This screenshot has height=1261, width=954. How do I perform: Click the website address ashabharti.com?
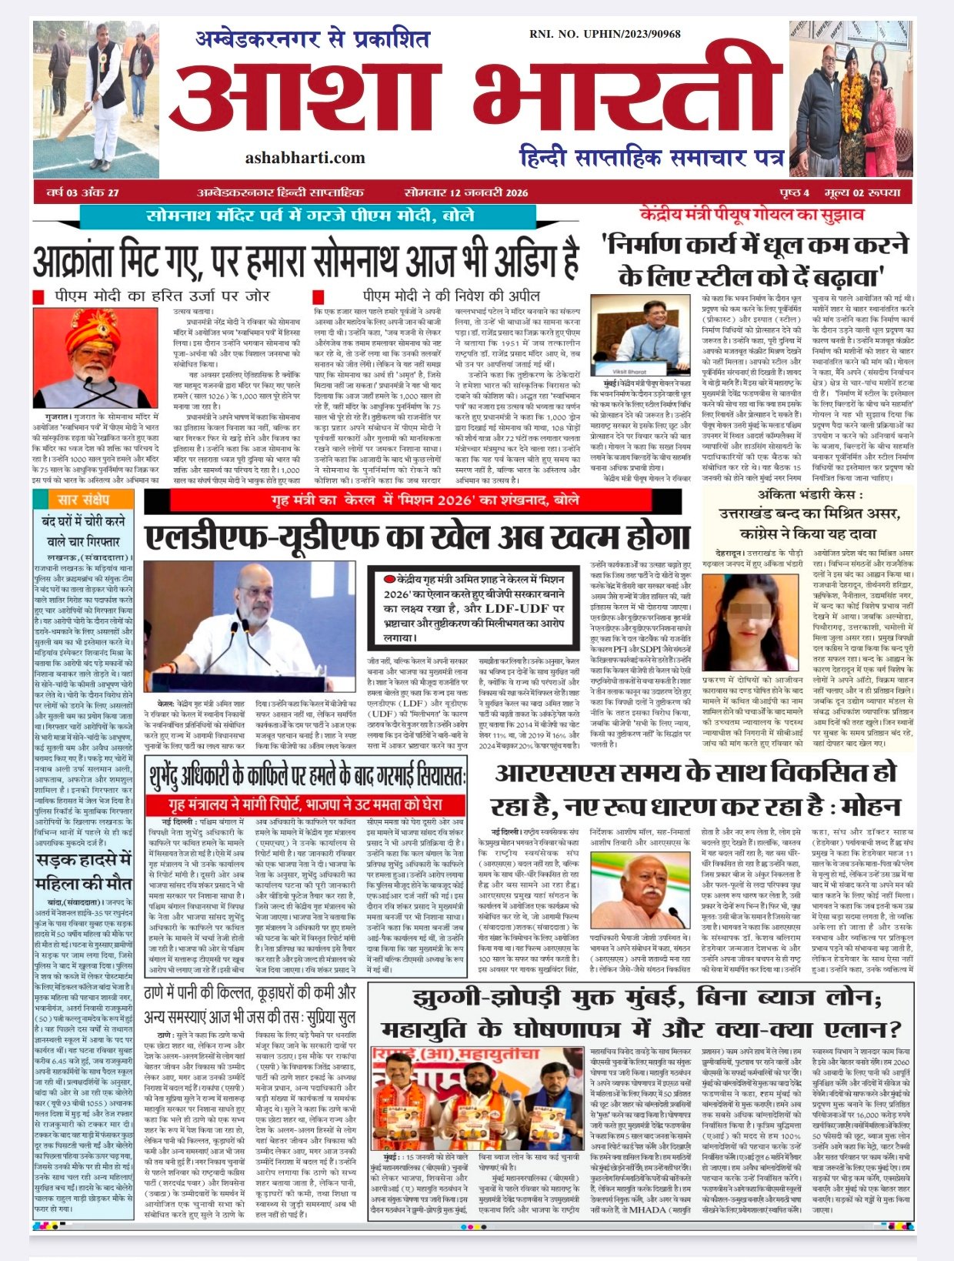(305, 158)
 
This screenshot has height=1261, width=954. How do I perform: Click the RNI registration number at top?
(605, 34)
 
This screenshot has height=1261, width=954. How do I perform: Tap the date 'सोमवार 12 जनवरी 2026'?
(466, 192)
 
